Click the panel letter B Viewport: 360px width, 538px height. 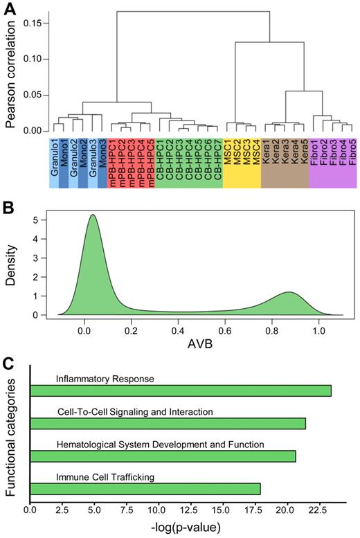8,206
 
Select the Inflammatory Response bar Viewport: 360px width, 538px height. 181,391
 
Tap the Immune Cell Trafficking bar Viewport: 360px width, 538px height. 145,489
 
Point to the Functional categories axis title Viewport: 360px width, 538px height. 10,433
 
